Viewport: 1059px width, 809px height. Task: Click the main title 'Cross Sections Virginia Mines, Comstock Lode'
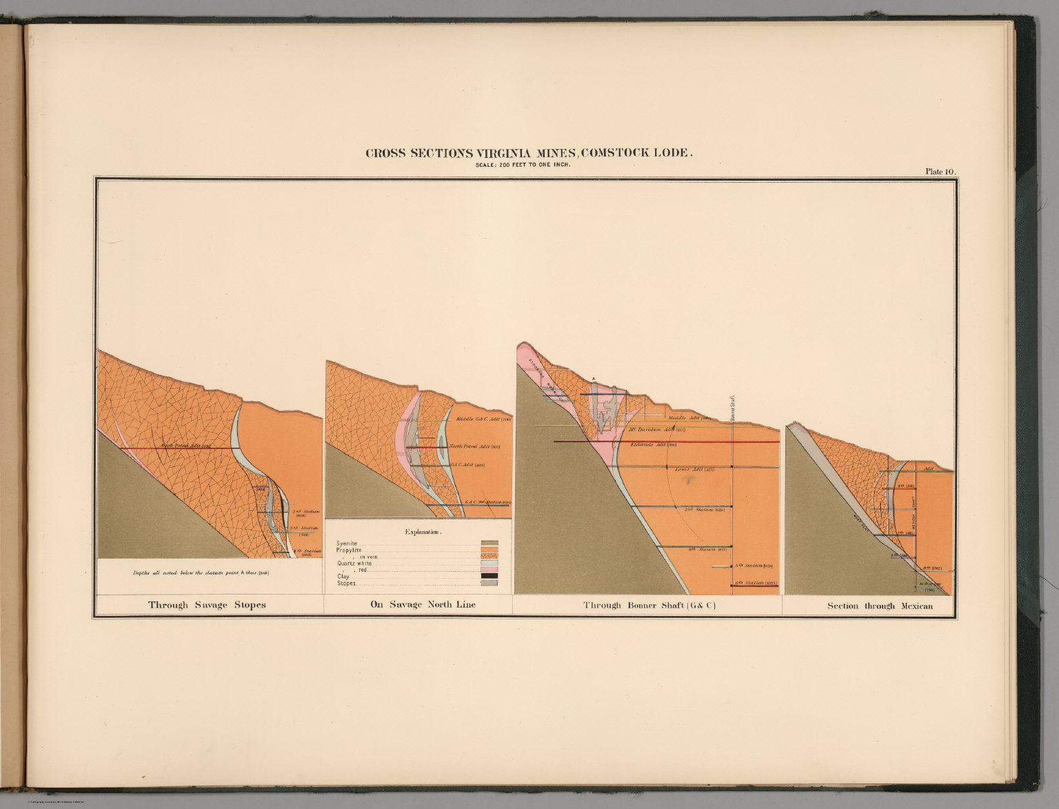(x=529, y=153)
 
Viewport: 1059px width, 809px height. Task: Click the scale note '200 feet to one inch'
(x=529, y=165)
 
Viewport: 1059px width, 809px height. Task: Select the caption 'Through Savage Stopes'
(x=207, y=605)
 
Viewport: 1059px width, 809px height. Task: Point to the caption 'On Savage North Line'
(x=423, y=605)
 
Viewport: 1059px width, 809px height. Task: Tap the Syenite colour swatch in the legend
(x=490, y=543)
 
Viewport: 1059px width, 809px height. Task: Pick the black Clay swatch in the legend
(x=490, y=576)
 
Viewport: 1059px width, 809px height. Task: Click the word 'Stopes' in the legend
(x=347, y=583)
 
